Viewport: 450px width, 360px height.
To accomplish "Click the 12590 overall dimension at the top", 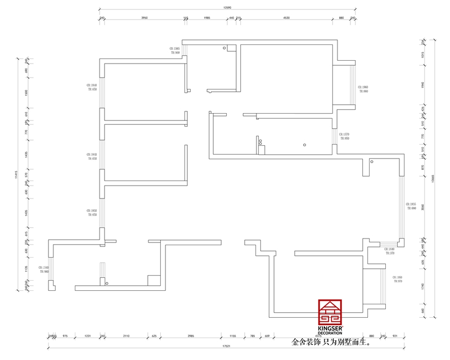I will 227,7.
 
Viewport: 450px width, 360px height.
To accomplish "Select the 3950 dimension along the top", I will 144,17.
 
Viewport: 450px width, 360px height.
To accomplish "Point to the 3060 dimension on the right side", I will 422,206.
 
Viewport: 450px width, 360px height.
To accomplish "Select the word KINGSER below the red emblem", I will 330,328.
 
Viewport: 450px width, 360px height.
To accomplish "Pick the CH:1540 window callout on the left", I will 44,268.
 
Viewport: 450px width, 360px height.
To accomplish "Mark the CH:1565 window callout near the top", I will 174,49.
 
